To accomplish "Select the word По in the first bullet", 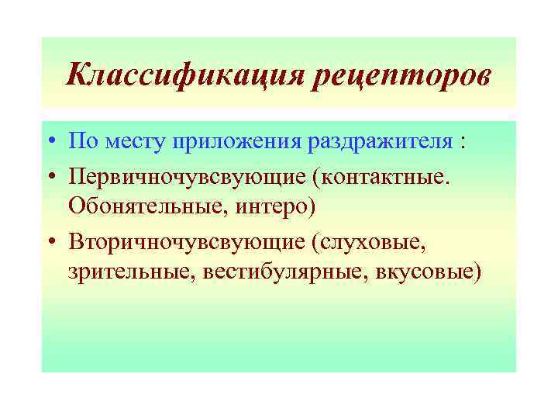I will click(79, 142).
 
